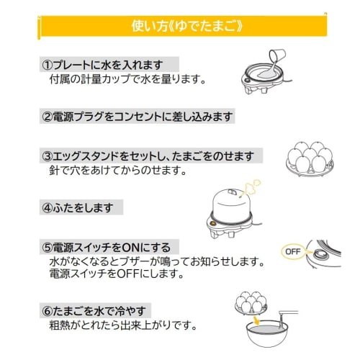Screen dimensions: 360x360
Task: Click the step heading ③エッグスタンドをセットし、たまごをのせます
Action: pos(151,156)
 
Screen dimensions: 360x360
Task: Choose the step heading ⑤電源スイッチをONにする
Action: pos(109,248)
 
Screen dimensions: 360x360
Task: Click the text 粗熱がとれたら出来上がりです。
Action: pos(119,325)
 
